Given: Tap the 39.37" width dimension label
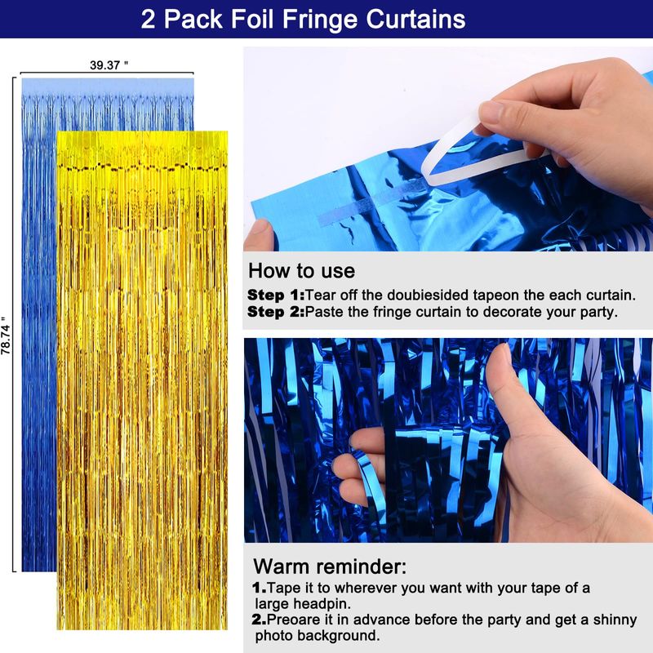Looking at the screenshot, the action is tap(109, 65).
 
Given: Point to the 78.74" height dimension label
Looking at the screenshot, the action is tap(6, 335).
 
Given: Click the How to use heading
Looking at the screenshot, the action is tap(301, 271).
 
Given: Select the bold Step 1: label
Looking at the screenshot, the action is tap(276, 295).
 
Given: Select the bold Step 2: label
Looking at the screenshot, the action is tap(276, 312).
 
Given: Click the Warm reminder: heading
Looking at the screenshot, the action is tap(330, 566).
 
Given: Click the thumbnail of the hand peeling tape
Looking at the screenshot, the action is tap(448, 149).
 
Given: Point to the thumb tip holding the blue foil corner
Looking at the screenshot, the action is tap(259, 234).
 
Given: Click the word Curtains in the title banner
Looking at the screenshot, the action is tap(415, 19).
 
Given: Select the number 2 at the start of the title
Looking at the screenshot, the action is tap(148, 19).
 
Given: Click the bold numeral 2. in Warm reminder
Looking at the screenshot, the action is tap(259, 620).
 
